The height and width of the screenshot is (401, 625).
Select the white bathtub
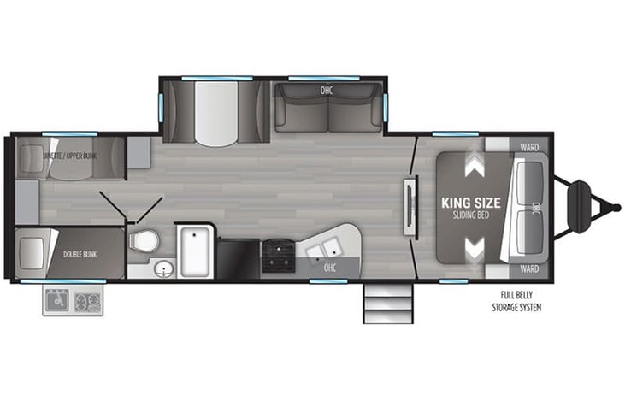(196, 251)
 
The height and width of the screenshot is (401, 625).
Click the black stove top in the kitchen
(276, 253)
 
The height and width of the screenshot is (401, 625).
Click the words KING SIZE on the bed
(470, 203)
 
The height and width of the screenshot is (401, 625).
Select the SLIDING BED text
(470, 217)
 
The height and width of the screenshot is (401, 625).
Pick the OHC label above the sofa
(326, 90)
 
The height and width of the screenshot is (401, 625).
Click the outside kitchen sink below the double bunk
(58, 302)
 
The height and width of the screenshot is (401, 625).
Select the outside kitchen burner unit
(88, 302)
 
